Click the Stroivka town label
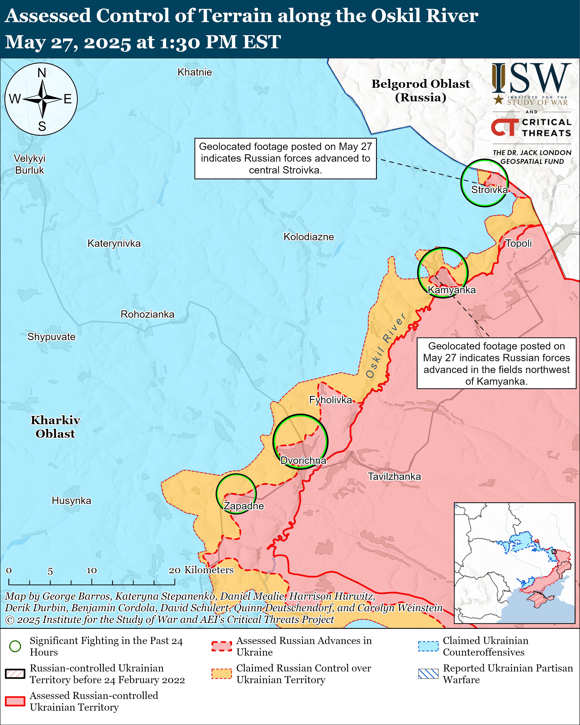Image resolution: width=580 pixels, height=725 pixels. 489,190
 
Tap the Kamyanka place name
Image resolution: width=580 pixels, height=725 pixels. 452,290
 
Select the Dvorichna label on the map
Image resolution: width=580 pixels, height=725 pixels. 303,460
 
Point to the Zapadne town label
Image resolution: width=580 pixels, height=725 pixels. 244,506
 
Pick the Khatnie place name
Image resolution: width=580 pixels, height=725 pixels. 195,72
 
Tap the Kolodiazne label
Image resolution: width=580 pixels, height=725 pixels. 309,237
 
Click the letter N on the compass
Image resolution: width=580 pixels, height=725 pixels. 42,73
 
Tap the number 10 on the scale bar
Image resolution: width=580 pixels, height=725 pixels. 91,570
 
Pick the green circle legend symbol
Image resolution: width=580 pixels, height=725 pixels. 15,646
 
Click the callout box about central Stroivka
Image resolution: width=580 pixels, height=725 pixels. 285,158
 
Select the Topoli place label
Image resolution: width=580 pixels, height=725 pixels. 519,244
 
